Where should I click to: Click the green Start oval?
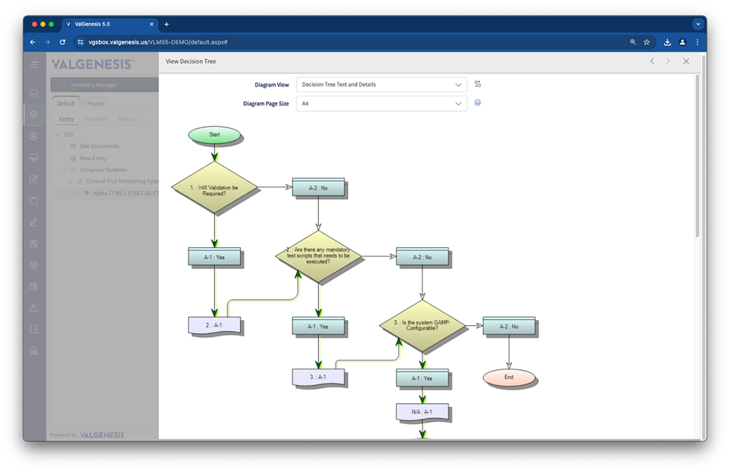[215, 135]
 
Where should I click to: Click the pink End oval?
[509, 377]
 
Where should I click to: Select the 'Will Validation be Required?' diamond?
[215, 188]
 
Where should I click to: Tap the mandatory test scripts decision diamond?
[319, 256]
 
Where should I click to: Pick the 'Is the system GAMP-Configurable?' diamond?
[422, 326]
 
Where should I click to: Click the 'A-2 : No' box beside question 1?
[319, 188]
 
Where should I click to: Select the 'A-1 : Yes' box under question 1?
[215, 257]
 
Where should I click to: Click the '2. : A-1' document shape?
[215, 326]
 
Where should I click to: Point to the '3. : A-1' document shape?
[319, 377]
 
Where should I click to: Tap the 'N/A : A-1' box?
[423, 412]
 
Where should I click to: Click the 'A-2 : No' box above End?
[509, 327]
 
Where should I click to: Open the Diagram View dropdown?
[382, 85]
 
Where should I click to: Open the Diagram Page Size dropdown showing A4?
[382, 104]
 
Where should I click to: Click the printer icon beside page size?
[478, 103]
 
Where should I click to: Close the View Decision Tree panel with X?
[686, 61]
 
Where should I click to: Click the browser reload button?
[62, 43]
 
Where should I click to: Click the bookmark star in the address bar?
[647, 43]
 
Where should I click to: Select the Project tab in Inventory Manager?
[96, 103]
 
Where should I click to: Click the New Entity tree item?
[94, 158]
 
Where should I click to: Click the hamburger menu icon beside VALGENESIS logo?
[34, 64]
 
